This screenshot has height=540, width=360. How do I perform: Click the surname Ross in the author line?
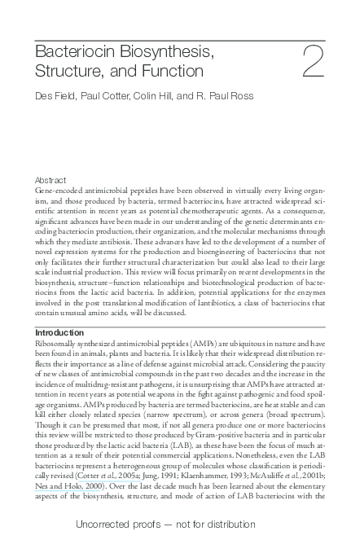[239, 96]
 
